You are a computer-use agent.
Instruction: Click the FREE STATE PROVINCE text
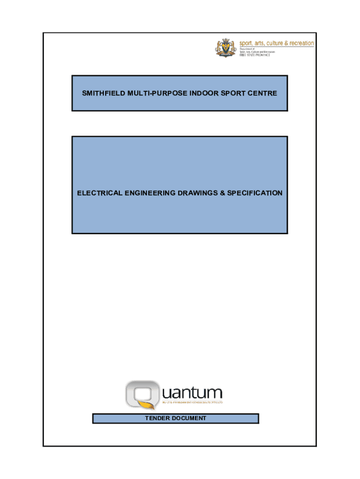(255, 55)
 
